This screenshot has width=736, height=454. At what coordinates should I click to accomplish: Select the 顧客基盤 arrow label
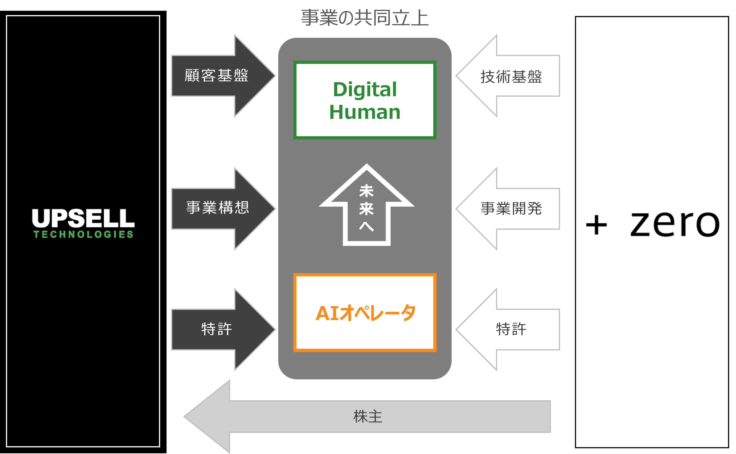(216, 75)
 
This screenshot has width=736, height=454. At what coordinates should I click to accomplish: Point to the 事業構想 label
(218, 207)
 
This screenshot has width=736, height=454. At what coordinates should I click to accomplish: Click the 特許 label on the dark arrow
(216, 329)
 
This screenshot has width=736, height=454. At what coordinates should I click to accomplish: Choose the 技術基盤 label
(511, 76)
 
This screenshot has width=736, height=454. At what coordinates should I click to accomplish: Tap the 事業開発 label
(511, 208)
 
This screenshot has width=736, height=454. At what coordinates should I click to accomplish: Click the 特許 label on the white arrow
(511, 329)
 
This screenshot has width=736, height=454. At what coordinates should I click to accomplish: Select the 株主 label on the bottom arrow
(368, 417)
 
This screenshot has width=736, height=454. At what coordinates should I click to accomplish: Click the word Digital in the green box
(365, 90)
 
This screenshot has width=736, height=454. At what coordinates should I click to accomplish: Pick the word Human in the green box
(365, 112)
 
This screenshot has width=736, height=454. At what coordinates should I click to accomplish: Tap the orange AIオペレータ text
(365, 313)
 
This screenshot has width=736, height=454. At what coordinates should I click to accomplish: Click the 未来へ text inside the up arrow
(366, 208)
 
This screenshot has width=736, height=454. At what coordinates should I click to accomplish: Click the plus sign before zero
(596, 225)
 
